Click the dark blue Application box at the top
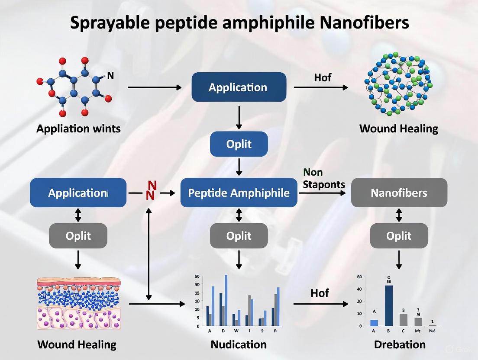[239, 87]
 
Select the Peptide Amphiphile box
[239, 193]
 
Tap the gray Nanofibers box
[399, 193]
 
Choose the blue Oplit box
[239, 144]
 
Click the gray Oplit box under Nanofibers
[399, 236]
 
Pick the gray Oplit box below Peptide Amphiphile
[239, 236]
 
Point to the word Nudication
[239, 344]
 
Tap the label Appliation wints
[78, 129]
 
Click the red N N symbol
[151, 191]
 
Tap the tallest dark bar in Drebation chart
[389, 305]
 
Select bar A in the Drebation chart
[374, 323]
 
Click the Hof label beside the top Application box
[322, 77]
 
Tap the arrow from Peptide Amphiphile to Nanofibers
[323, 193]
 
